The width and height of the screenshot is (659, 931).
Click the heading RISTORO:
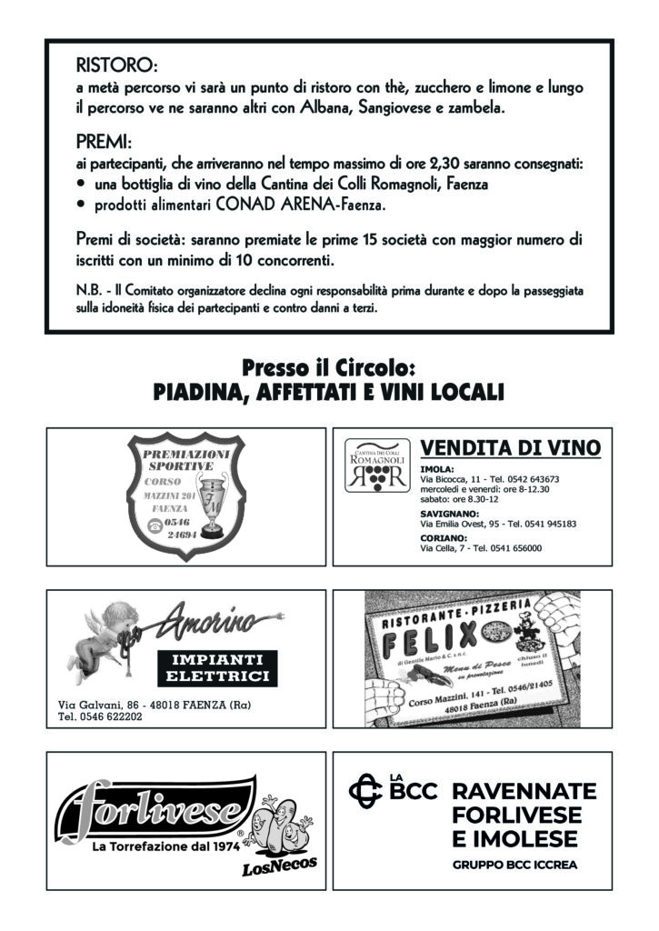[117, 67]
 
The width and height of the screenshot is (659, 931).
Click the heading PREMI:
[105, 145]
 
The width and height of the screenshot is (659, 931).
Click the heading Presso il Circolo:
[328, 369]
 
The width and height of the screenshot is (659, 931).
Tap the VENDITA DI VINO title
[511, 448]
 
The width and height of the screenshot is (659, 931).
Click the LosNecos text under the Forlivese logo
[279, 869]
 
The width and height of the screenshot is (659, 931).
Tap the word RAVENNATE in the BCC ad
[524, 791]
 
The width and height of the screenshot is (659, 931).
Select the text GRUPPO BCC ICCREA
[514, 866]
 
